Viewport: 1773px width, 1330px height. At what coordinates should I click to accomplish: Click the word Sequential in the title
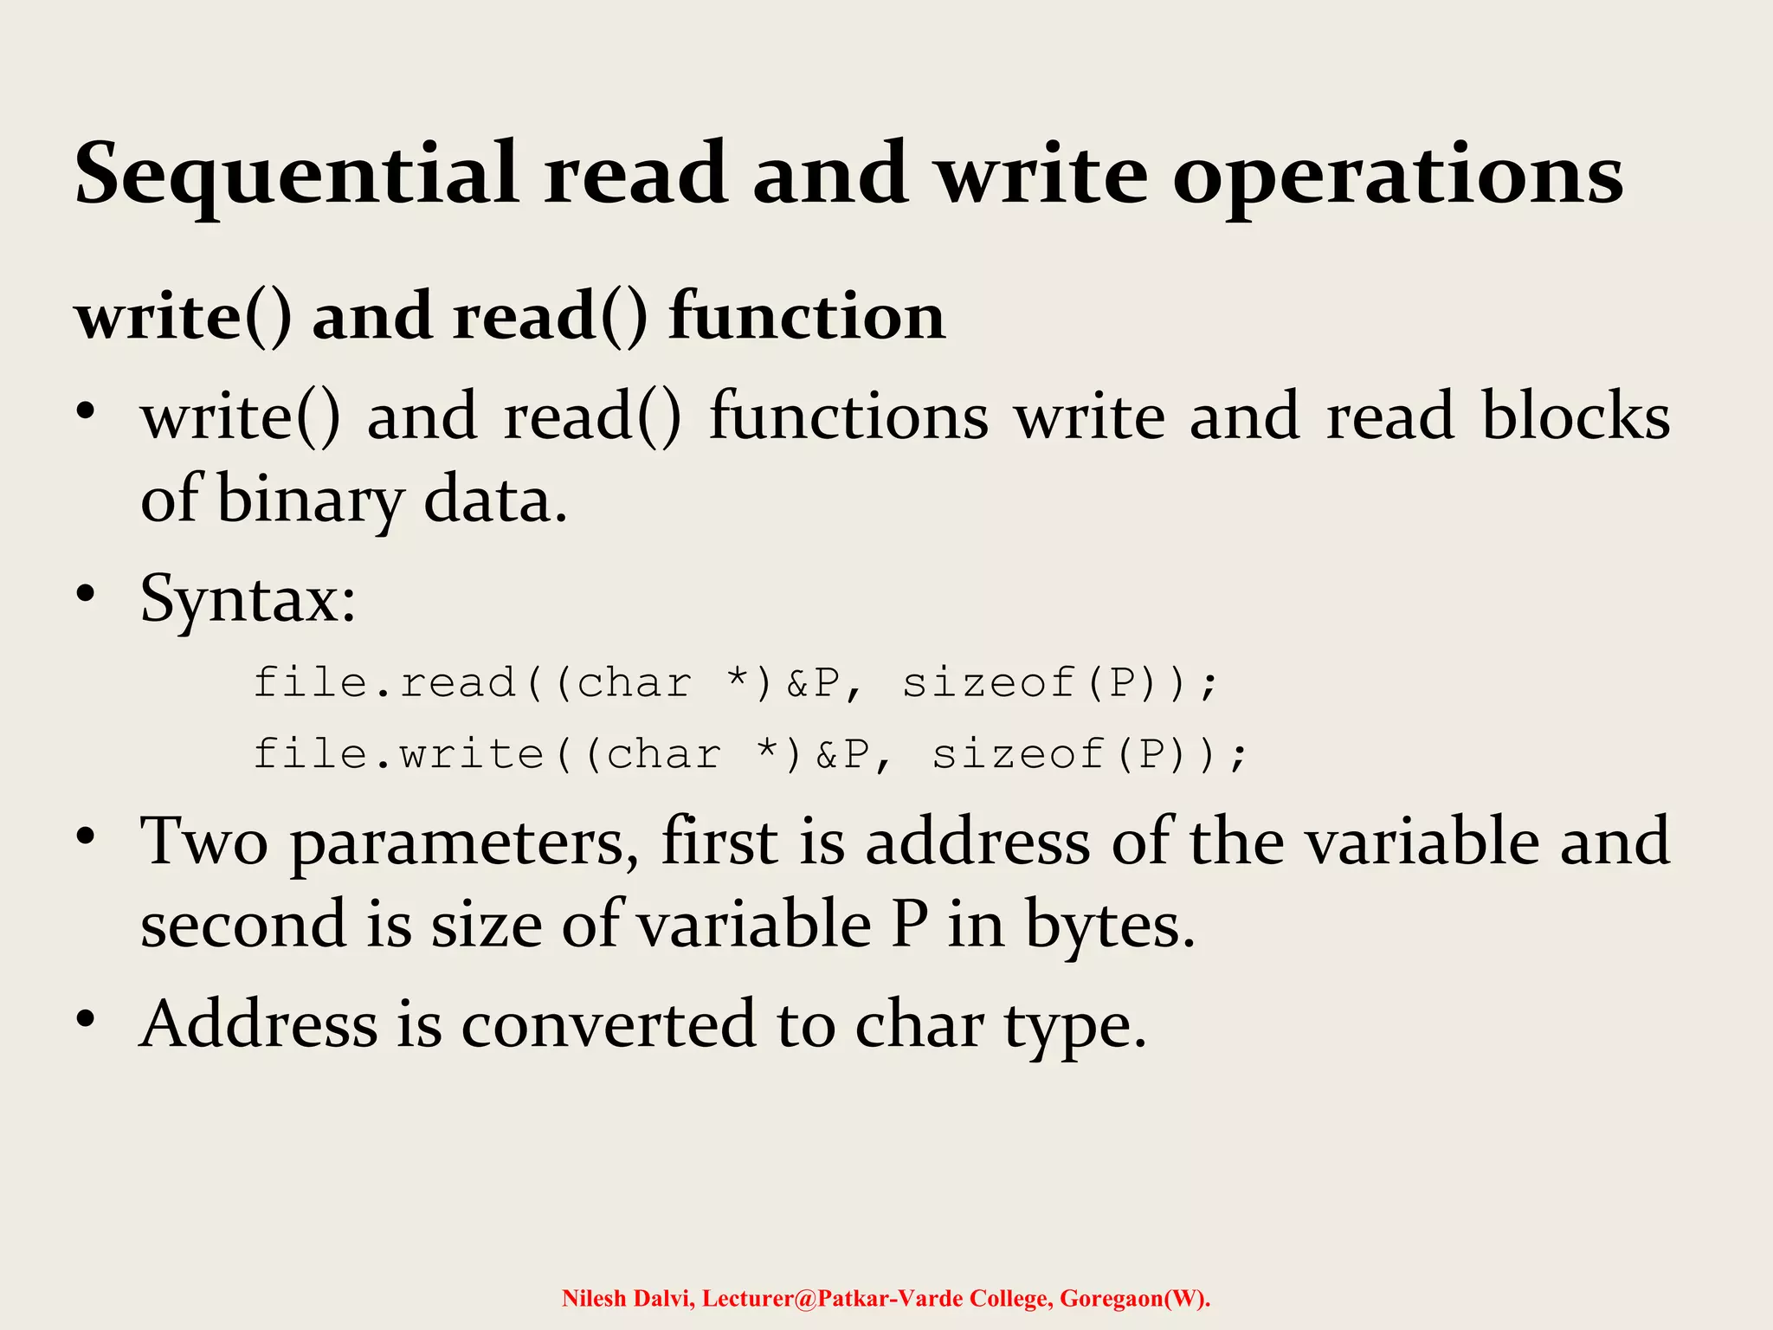[295, 176]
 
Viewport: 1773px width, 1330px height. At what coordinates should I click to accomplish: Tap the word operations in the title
[1397, 176]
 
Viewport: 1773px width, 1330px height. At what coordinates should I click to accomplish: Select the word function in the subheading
[807, 317]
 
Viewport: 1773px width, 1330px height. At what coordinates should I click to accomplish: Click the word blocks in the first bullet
[1576, 416]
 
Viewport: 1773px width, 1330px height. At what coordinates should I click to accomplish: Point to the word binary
[310, 501]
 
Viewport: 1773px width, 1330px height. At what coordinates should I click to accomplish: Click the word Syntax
[248, 598]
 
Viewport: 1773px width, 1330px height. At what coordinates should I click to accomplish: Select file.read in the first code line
[384, 682]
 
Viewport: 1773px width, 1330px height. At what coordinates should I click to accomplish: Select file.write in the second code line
[399, 753]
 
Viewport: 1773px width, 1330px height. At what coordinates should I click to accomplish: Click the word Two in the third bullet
[204, 842]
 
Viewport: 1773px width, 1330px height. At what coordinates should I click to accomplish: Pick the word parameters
[464, 843]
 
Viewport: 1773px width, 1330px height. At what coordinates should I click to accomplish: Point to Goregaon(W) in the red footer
[1135, 1298]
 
